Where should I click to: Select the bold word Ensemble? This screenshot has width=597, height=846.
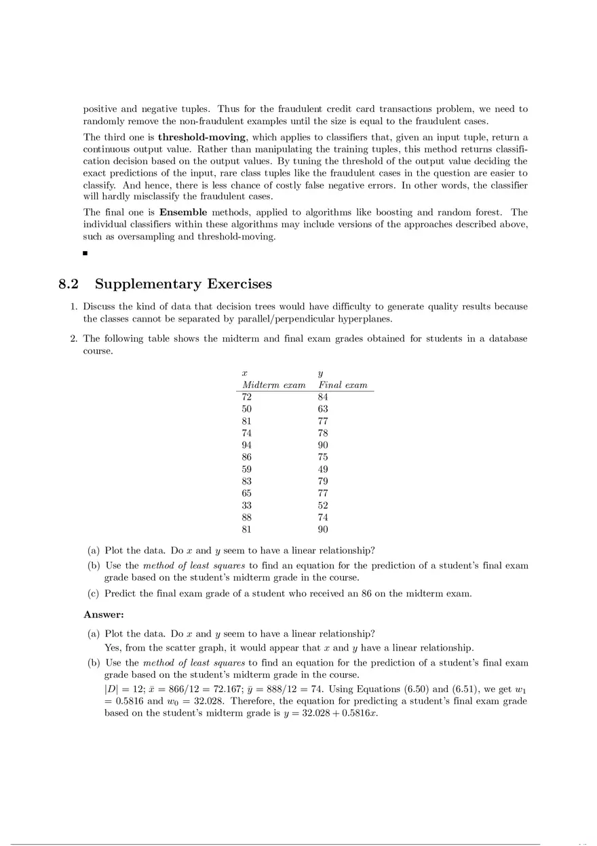click(183, 212)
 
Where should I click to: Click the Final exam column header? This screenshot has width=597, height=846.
click(343, 385)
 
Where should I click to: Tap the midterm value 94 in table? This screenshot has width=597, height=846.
click(247, 444)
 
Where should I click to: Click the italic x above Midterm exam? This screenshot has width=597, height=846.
click(245, 372)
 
